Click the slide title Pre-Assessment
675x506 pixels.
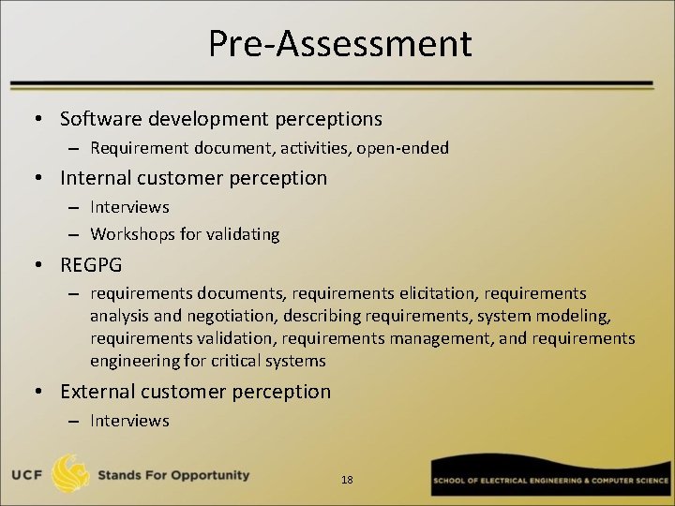click(339, 44)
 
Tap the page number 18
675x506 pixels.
click(347, 480)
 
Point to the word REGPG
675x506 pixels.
click(91, 265)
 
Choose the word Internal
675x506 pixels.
click(92, 178)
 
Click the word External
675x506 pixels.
click(94, 392)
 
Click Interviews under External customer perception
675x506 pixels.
click(129, 421)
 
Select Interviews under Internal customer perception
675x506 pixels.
click(129, 207)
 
